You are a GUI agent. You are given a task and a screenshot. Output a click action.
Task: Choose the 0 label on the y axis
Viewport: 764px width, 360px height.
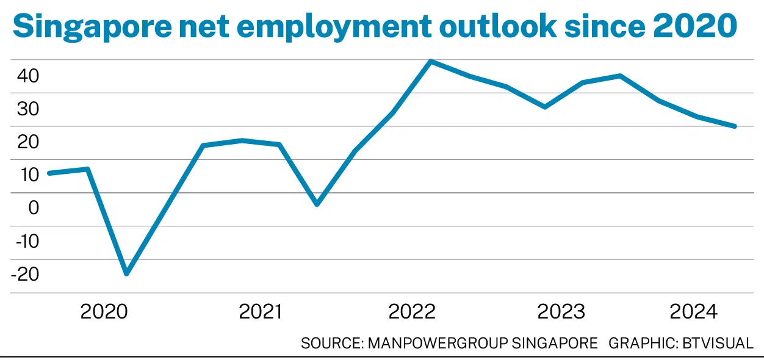[x=33, y=208]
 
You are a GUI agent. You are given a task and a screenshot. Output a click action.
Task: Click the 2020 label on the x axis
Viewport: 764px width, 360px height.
[x=104, y=312]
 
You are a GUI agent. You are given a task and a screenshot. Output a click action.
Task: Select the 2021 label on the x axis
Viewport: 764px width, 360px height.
[x=261, y=312]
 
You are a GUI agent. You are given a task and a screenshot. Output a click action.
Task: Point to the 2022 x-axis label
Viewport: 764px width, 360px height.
[x=412, y=312]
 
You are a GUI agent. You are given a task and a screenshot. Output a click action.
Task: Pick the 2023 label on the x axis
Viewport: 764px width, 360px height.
[x=561, y=312]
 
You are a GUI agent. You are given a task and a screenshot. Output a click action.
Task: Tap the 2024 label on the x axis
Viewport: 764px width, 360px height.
[x=694, y=312]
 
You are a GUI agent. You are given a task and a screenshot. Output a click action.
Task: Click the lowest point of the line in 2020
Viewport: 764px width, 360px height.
[x=127, y=273]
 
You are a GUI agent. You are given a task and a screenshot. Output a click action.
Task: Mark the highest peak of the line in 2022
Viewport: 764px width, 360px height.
[x=431, y=61]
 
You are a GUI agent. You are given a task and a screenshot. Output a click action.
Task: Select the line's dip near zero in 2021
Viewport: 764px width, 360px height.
[x=317, y=204]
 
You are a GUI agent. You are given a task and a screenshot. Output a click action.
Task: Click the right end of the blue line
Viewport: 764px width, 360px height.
[x=735, y=126]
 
